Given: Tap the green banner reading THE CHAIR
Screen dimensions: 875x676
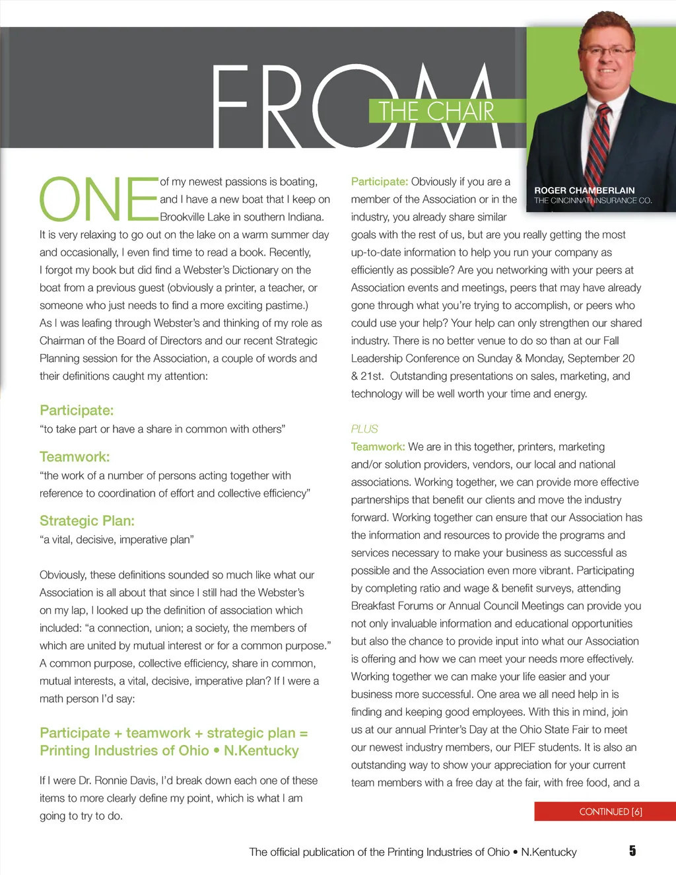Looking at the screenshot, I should [x=436, y=111].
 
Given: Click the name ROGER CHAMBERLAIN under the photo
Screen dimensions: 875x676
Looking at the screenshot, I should [x=584, y=190].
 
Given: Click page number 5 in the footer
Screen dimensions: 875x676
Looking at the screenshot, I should [x=632, y=851].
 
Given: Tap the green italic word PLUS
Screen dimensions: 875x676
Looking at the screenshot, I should [x=364, y=429].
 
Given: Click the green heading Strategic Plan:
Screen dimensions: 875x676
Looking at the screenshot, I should [x=87, y=521].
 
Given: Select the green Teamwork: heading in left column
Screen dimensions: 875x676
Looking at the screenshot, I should [x=75, y=457].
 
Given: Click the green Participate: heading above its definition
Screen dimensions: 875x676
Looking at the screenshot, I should [x=77, y=411].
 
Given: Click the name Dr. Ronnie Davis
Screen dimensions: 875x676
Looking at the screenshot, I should [x=119, y=781].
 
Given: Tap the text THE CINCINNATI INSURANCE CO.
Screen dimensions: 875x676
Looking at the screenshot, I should [x=593, y=201].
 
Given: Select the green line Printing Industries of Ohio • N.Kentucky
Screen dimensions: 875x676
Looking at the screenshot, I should [x=169, y=751].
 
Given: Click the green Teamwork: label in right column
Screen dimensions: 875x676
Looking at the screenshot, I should [x=378, y=447].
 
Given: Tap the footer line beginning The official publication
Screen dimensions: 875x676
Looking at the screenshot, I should [x=413, y=852].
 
